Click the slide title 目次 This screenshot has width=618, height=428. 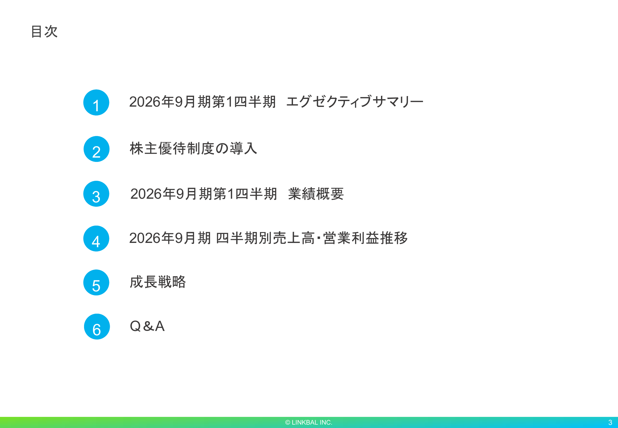click(x=44, y=32)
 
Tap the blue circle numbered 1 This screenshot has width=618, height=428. click(x=96, y=103)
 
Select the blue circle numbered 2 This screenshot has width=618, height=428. click(x=96, y=149)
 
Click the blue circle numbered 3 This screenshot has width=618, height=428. click(x=96, y=194)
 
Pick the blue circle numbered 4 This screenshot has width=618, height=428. click(x=96, y=239)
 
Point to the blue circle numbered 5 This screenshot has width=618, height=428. click(x=96, y=282)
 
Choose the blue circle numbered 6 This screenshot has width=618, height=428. click(x=97, y=327)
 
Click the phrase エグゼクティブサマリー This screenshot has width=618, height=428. click(x=355, y=102)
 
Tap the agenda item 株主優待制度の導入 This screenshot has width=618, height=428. click(x=193, y=148)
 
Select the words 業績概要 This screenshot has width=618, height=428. click(x=316, y=194)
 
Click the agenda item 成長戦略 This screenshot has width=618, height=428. click(x=158, y=282)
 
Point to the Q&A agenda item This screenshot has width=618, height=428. click(x=147, y=326)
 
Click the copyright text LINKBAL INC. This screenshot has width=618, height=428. click(x=312, y=422)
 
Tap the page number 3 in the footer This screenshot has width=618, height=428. click(x=610, y=422)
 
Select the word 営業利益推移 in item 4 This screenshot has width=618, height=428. click(x=366, y=238)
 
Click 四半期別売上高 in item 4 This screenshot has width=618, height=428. click(x=265, y=238)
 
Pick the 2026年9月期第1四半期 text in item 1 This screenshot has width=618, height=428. click(x=202, y=102)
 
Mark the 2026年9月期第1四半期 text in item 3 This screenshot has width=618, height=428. click(x=204, y=194)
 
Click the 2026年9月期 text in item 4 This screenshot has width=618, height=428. click(x=170, y=238)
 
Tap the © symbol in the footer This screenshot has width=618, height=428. click(x=288, y=422)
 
